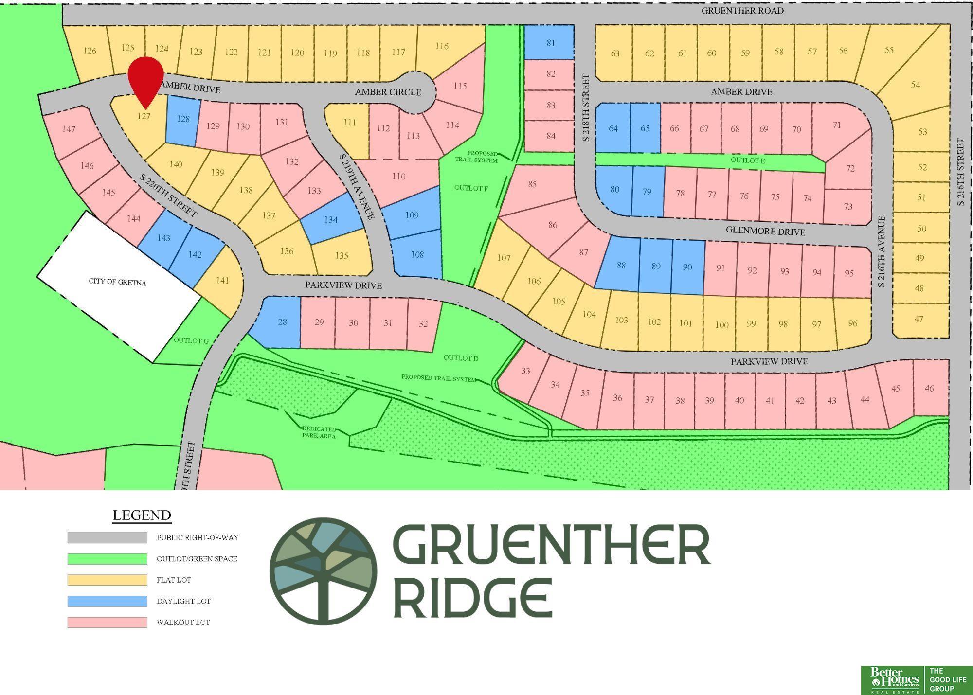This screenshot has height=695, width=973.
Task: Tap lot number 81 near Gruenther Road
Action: [550, 43]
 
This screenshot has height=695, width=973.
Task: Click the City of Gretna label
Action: [117, 282]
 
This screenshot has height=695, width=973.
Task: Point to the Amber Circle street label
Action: [388, 92]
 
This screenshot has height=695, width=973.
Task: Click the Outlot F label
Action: [471, 188]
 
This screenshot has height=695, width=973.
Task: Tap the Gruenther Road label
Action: [742, 11]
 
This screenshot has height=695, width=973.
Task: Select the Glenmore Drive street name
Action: [765, 231]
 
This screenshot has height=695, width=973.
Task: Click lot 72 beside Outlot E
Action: [850, 169]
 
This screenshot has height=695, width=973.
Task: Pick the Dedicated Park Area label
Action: [319, 432]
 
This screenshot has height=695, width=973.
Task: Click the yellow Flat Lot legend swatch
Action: [107, 580]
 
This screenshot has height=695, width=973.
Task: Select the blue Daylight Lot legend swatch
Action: [107, 601]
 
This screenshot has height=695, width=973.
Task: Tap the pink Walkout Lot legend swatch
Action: [107, 622]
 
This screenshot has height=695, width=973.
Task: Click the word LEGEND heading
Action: [142, 515]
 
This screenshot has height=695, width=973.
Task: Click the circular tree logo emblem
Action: [323, 571]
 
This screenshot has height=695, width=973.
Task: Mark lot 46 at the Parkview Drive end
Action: [929, 389]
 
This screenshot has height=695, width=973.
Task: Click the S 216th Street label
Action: [960, 172]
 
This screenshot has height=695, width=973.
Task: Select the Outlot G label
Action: [191, 340]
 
